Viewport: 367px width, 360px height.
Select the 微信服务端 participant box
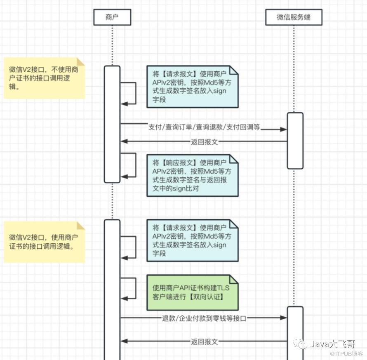pos(293,17)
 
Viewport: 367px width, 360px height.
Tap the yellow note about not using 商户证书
pos(44,78)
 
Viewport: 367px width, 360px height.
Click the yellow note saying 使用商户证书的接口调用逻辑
pos(44,242)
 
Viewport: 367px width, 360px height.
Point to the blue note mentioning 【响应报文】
pos(192,175)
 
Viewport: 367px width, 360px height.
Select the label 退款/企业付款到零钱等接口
pos(204,318)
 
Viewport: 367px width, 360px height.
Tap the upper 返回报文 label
pos(204,141)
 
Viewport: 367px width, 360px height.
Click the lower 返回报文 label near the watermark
pos(204,341)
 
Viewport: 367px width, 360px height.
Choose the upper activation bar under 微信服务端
pos(295,140)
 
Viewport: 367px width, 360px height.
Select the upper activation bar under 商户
pos(112,124)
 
